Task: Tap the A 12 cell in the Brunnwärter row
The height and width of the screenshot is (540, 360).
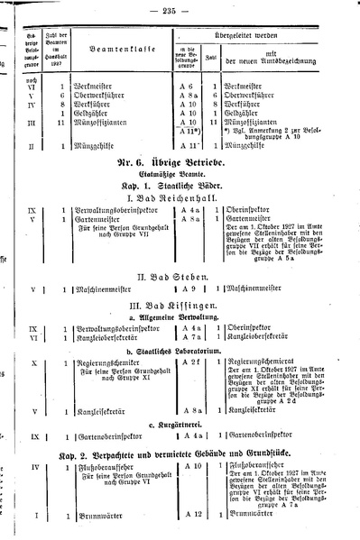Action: (x=189, y=513)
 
